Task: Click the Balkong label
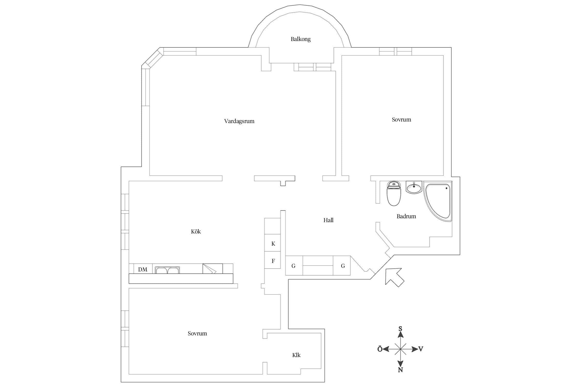(x=301, y=39)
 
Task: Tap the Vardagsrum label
(x=239, y=121)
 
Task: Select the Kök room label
(x=196, y=231)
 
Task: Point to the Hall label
(x=328, y=220)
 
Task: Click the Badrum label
(x=406, y=216)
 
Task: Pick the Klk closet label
(x=296, y=355)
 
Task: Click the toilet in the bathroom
(x=394, y=193)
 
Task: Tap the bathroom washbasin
(x=414, y=187)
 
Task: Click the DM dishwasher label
(x=143, y=270)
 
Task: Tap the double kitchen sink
(x=167, y=270)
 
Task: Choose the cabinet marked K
(x=272, y=243)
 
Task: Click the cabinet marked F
(x=272, y=260)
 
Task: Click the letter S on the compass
(x=400, y=328)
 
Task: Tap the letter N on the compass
(x=400, y=370)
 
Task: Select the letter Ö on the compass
(x=380, y=349)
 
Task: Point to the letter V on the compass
(x=421, y=349)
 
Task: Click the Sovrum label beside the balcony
(x=401, y=120)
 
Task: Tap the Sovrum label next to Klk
(x=197, y=334)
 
